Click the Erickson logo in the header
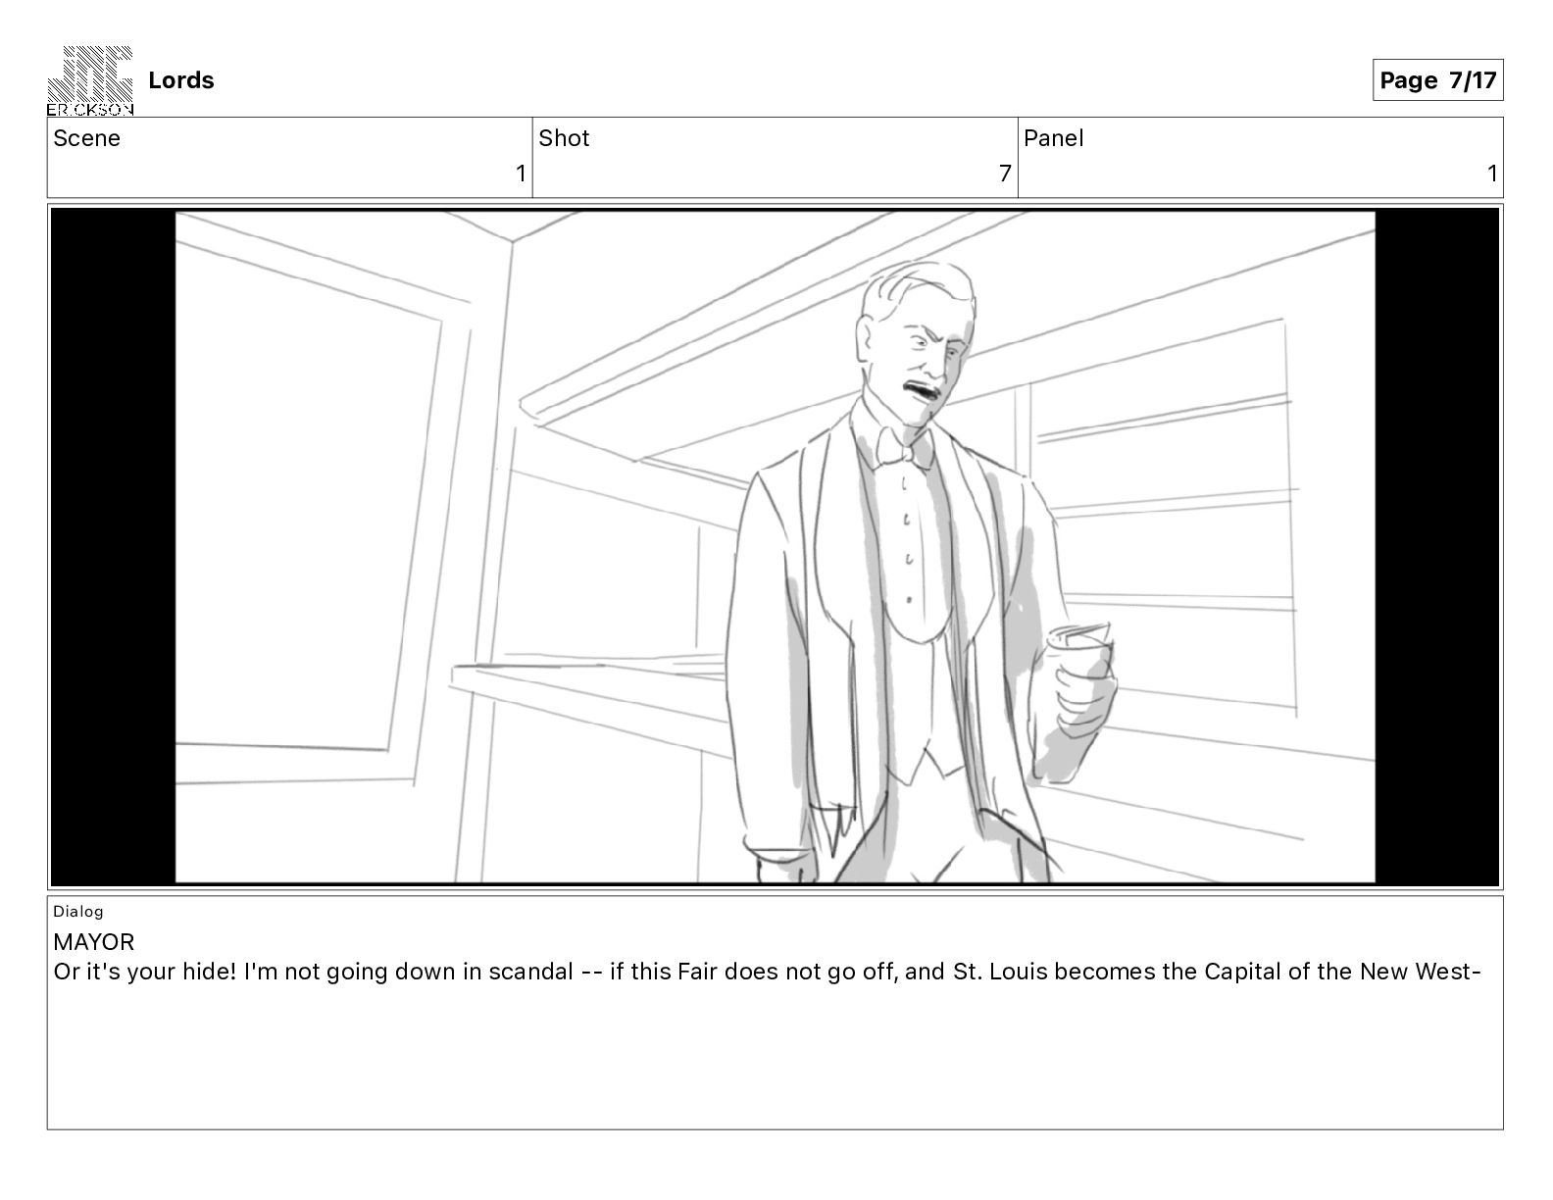(x=90, y=80)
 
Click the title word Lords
(x=180, y=80)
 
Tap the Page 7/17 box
(x=1437, y=80)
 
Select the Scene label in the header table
(x=86, y=138)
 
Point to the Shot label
(x=564, y=138)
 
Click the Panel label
(x=1053, y=138)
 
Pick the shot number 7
(x=1005, y=173)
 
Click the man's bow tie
(x=904, y=447)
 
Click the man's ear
(x=867, y=340)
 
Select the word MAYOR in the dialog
(x=93, y=942)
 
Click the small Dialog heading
(x=77, y=911)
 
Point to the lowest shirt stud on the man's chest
(x=908, y=600)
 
